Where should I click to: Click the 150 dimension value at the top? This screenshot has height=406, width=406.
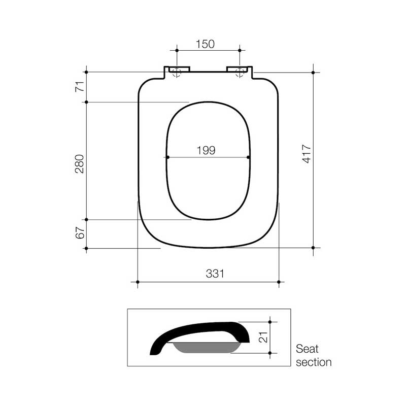(x=205, y=44)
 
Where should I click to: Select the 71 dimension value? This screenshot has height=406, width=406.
(x=80, y=87)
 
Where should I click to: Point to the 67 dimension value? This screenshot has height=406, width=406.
(x=80, y=234)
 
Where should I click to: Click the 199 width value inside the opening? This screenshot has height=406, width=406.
(x=206, y=150)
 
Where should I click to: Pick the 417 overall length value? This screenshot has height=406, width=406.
(x=306, y=154)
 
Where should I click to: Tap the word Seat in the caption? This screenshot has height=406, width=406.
(x=308, y=349)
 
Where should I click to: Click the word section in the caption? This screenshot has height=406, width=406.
(x=314, y=362)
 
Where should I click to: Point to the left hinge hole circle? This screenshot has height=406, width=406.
(x=177, y=72)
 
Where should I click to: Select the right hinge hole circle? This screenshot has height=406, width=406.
(x=240, y=72)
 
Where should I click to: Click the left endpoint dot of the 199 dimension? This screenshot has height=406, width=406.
(x=167, y=157)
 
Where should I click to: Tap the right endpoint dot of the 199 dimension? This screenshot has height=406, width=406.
(x=248, y=157)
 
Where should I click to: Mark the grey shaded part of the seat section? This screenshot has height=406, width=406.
(x=207, y=348)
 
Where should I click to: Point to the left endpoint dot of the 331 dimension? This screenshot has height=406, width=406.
(x=138, y=281)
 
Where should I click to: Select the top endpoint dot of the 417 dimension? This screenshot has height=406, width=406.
(x=313, y=73)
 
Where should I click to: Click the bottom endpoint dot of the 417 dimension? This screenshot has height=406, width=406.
(x=313, y=248)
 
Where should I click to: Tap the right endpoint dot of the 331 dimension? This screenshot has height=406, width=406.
(x=279, y=281)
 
